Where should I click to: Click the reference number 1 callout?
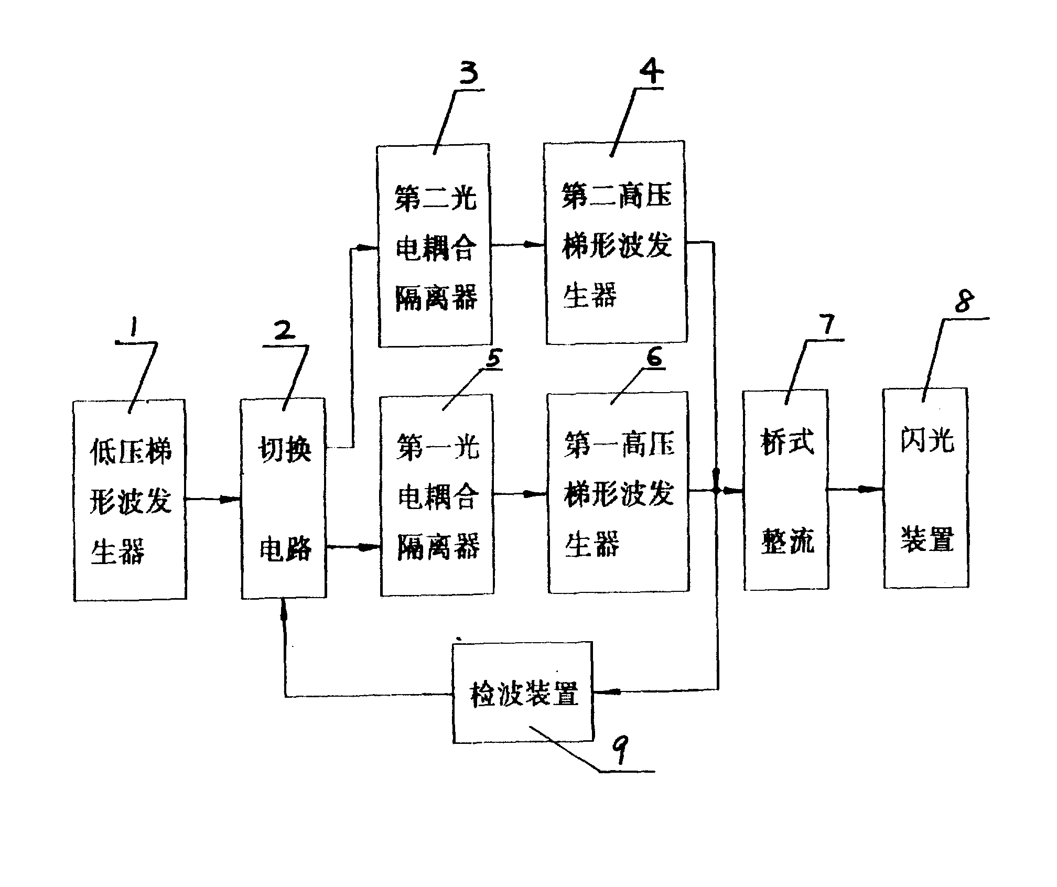pos(134,328)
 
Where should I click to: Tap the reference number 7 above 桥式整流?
pos(827,324)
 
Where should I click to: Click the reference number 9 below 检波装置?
pos(620,751)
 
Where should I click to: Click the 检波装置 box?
pos(523,693)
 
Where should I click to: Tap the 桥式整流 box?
pos(786,490)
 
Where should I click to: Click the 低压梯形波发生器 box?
pos(130,501)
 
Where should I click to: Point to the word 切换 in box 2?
pos(285,449)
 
